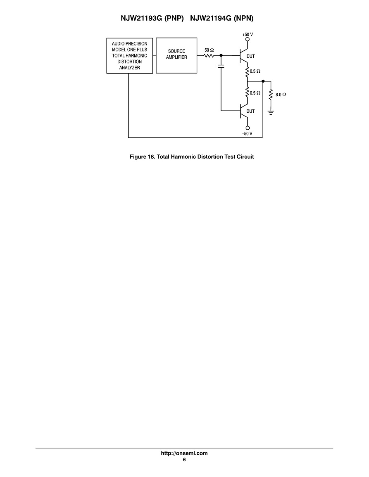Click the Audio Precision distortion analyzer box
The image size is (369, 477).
129,56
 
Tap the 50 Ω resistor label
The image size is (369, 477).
209,50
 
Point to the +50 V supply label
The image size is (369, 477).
248,34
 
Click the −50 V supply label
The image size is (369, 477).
247,134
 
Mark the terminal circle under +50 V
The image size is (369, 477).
248,40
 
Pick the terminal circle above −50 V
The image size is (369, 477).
248,128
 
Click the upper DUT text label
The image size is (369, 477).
251,56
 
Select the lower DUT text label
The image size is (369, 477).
250,111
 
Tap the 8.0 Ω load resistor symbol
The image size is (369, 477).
271,95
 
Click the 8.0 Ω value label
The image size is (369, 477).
281,95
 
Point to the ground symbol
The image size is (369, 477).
271,112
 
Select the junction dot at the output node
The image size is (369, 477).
263,81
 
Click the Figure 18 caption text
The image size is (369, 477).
192,157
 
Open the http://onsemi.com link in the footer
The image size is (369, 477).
184,453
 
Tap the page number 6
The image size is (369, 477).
184,460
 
